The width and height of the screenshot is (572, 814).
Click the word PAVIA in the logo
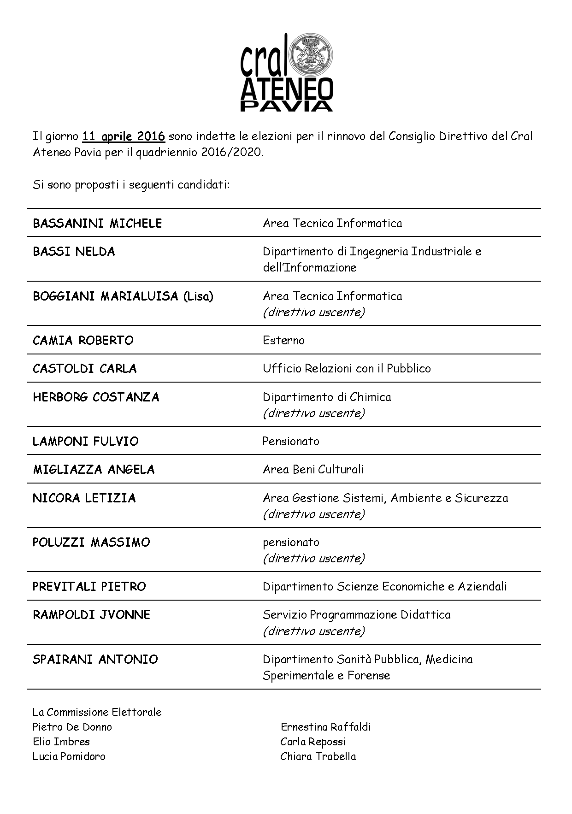tap(286, 106)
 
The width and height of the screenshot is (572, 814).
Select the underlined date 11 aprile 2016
tap(124, 136)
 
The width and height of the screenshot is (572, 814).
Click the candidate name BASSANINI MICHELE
tap(97, 224)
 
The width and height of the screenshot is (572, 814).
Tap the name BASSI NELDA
tap(74, 252)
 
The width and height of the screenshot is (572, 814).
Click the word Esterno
tap(283, 341)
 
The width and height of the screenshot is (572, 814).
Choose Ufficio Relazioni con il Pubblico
tap(347, 369)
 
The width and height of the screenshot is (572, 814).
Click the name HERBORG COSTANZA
tap(96, 397)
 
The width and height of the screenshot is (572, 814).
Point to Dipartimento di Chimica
tap(327, 397)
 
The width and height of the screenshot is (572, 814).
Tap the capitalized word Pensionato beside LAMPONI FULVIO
tap(291, 442)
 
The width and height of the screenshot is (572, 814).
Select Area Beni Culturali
tap(313, 470)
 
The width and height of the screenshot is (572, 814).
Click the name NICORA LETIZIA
tap(84, 498)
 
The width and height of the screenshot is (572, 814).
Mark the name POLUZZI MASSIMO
tap(91, 543)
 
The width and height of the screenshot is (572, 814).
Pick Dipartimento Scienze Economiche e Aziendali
tap(385, 587)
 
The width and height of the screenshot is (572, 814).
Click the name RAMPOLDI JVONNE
tap(91, 615)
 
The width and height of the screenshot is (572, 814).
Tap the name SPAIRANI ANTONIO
tap(95, 660)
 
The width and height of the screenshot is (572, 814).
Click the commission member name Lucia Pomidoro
tap(69, 756)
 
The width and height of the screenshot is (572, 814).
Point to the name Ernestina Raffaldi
tap(326, 727)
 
